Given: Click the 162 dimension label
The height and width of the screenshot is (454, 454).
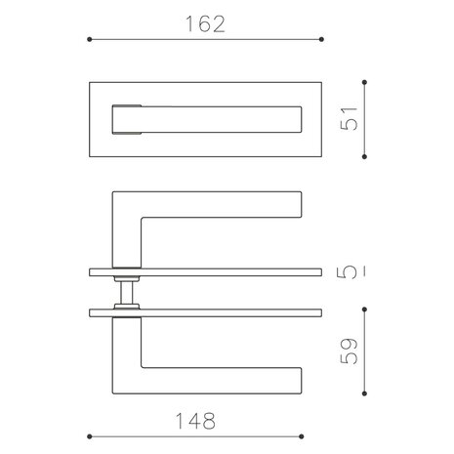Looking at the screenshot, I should point(205,24).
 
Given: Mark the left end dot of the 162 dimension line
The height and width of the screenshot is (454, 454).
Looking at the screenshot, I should point(90,40).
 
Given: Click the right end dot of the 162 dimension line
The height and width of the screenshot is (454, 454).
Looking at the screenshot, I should point(323,40).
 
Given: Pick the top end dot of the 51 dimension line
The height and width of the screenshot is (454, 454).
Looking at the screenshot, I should point(364,81).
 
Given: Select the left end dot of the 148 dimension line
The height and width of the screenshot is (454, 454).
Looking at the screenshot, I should point(90,436).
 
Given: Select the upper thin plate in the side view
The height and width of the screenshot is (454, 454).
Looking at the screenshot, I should point(205,269).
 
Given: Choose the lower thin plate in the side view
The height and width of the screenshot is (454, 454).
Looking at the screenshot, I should point(205,311).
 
